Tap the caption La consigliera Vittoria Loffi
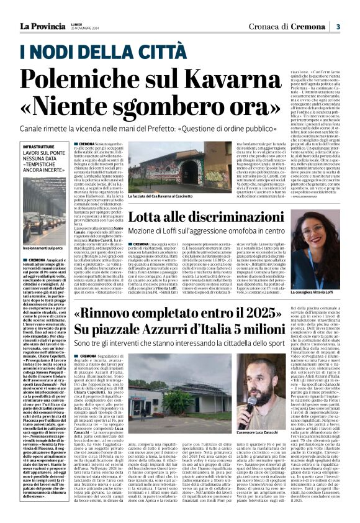coord(315,274)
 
